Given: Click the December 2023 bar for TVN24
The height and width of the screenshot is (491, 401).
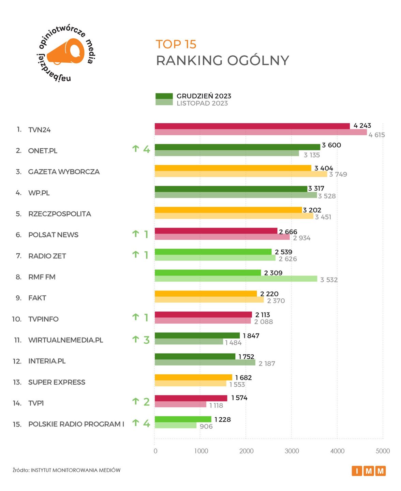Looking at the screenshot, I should click(252, 126).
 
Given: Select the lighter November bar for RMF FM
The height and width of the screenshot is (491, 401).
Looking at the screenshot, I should click(236, 279).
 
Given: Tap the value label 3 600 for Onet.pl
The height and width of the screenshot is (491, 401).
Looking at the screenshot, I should click(331, 145).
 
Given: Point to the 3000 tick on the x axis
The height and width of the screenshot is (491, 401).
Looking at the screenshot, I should click(292, 451).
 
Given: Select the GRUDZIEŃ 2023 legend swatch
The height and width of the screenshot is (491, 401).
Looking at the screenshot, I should click(164, 96).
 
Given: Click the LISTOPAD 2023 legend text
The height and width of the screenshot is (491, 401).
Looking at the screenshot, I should click(202, 103).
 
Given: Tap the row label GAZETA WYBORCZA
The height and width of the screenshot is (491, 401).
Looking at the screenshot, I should click(64, 172).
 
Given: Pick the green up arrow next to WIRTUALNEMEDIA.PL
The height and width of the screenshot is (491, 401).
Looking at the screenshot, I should click(136, 339).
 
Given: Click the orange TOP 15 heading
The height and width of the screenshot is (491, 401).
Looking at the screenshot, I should click(176, 44).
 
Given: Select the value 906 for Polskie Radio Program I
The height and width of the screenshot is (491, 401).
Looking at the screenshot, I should click(206, 427).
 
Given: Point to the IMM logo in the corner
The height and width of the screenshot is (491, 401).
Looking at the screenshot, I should click(368, 471).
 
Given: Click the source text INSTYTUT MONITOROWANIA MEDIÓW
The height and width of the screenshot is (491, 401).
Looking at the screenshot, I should click(75, 470).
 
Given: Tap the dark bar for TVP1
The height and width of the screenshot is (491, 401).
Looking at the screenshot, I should click(191, 398).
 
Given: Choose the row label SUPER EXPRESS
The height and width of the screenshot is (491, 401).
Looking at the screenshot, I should click(57, 382).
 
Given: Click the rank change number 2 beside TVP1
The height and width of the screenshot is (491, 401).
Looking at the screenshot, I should click(146, 402).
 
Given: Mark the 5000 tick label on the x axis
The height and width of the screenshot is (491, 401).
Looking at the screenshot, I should click(383, 451).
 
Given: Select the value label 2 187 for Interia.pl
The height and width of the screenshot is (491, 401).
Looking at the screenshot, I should click(267, 364).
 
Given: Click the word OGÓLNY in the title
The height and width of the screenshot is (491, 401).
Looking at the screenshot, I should click(258, 61).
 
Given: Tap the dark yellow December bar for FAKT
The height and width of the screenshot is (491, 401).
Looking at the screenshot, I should click(206, 294).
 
